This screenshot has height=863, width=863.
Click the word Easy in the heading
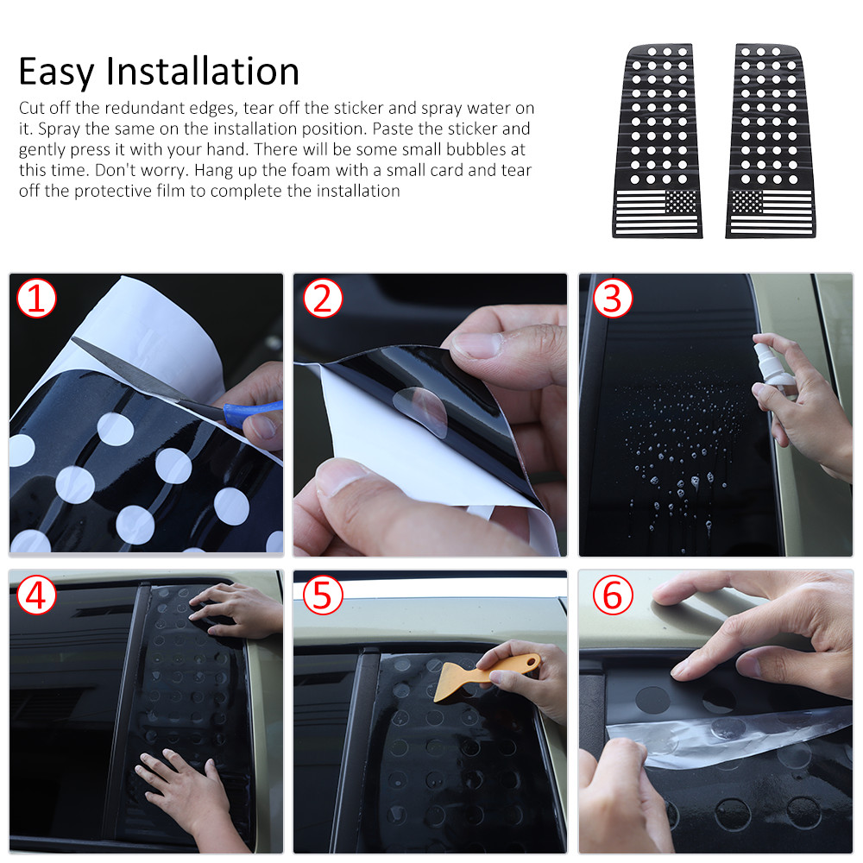coord(56,72)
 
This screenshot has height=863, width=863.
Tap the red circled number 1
coord(36,299)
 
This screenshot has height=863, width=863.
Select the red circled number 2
coord(323,299)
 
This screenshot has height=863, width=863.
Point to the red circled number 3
coord(613,299)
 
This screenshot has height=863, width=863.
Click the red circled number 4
coord(36,595)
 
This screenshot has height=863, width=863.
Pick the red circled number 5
coord(323,595)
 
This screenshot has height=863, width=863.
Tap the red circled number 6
coord(613,595)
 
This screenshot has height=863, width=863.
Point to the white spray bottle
coord(771,366)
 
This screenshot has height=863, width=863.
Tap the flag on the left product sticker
coord(657,212)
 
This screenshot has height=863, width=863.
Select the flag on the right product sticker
coord(772,212)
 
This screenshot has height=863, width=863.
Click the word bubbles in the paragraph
coord(476,149)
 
